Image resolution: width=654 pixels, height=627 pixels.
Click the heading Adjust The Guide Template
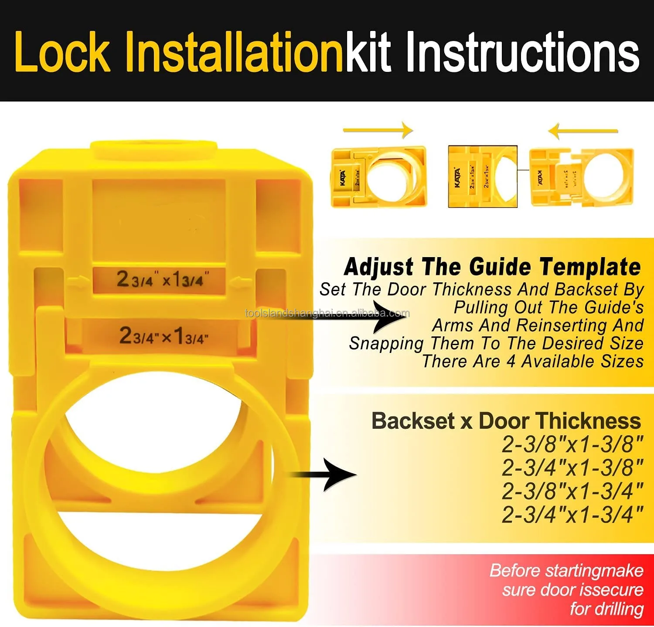click(492, 267)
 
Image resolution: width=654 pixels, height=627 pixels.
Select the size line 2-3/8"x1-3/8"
click(572, 444)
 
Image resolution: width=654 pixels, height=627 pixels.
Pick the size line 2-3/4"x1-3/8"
click(572, 468)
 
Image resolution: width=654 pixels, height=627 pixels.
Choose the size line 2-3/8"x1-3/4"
click(572, 491)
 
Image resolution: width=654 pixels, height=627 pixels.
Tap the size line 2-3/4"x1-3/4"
click(572, 515)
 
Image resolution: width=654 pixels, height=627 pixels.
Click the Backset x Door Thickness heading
click(506, 421)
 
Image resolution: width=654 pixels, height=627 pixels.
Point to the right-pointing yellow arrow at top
click(378, 130)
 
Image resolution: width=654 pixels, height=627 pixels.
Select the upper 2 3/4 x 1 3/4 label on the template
click(160, 279)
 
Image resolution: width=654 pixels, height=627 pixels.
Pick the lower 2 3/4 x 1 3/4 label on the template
click(163, 336)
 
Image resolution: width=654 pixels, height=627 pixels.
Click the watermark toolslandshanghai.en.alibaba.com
click(327, 313)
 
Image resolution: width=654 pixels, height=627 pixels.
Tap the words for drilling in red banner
click(606, 608)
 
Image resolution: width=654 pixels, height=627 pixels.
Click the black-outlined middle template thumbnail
click(483, 176)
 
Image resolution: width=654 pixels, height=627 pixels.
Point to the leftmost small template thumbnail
click(378, 176)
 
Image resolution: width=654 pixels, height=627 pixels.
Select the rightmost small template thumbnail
click(581, 177)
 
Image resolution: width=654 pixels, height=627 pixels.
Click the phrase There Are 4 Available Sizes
click(532, 361)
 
